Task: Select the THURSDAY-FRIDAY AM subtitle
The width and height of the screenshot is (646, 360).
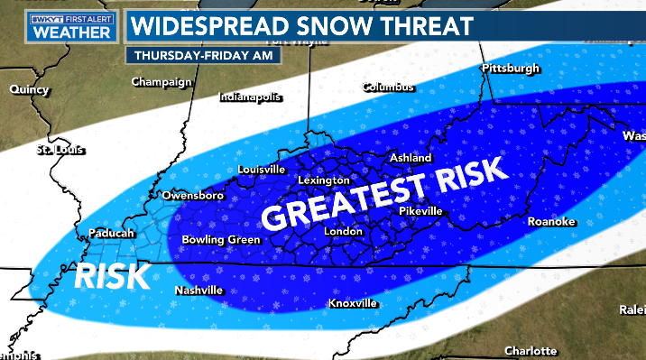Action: pyautogui.click(x=205, y=54)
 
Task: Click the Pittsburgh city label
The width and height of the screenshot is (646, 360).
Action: pyautogui.click(x=511, y=69)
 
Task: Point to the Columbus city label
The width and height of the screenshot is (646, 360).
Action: pyautogui.click(x=388, y=88)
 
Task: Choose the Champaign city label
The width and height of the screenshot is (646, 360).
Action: pyautogui.click(x=162, y=82)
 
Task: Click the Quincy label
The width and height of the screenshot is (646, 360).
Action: pyautogui.click(x=30, y=89)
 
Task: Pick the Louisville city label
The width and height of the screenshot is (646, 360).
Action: pyautogui.click(x=261, y=170)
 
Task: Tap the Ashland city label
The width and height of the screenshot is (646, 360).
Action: pyautogui.click(x=410, y=158)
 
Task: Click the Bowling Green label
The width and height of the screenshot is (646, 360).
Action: pyautogui.click(x=221, y=240)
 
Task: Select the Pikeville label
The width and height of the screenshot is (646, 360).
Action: pyautogui.click(x=420, y=211)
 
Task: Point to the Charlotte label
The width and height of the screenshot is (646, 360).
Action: pyautogui.click(x=530, y=350)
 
